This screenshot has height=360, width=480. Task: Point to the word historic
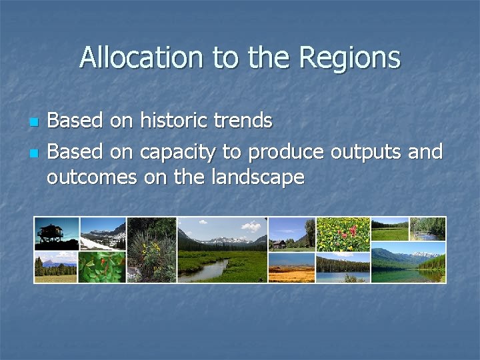click(x=172, y=121)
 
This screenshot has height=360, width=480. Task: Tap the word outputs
click(x=365, y=152)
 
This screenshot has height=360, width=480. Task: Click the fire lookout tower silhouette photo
click(x=56, y=233)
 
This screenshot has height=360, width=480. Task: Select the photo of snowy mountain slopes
click(x=103, y=233)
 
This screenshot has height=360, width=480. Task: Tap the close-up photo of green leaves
click(x=103, y=267)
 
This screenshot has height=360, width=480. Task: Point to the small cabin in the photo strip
click(x=279, y=243)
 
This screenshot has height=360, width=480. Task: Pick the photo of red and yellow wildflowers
click(x=343, y=234)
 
